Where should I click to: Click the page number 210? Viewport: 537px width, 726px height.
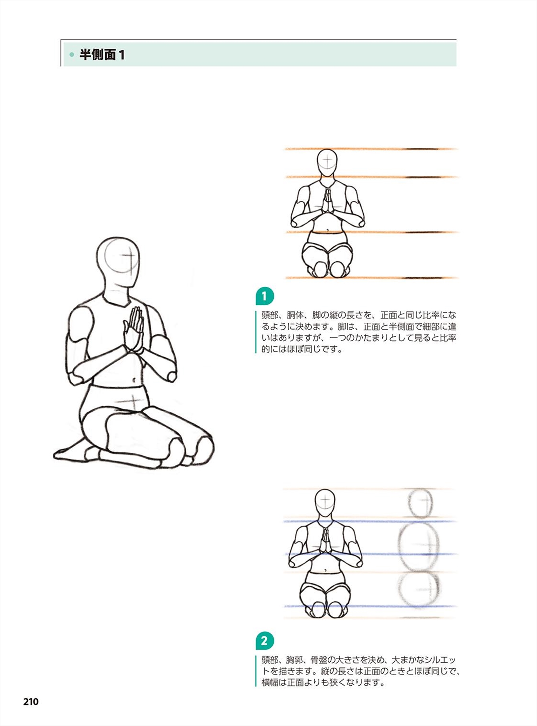(31, 702)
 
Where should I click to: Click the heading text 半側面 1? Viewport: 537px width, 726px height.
(102, 55)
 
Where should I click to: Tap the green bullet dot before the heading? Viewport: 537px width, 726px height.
(72, 55)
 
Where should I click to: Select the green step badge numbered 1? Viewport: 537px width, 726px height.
(265, 296)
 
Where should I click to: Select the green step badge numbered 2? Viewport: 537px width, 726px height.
(265, 641)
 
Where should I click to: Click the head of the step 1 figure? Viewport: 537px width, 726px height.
(327, 163)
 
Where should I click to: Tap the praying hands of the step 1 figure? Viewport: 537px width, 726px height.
(328, 200)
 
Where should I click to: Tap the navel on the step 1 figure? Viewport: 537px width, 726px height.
(328, 230)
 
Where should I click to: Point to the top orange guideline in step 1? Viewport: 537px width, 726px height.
(371, 149)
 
